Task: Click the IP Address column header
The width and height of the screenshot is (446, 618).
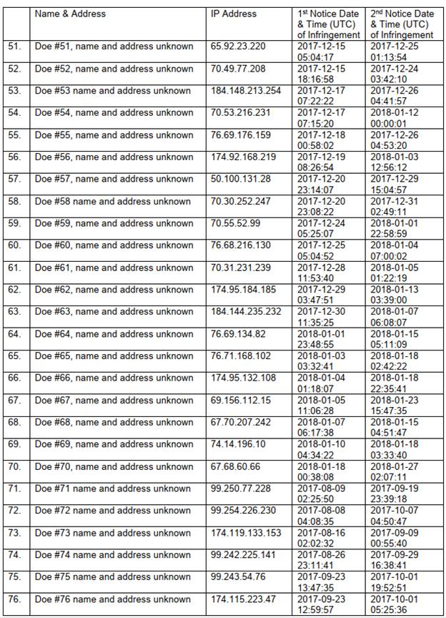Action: [234, 14]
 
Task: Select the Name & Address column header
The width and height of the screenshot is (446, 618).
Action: [70, 14]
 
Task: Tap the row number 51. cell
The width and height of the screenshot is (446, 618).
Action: [15, 46]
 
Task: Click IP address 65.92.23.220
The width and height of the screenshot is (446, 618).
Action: [238, 46]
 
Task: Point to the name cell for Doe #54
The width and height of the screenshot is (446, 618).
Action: [114, 113]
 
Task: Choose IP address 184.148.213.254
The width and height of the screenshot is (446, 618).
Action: [246, 91]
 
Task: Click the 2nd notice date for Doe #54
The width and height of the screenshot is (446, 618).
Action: [402, 118]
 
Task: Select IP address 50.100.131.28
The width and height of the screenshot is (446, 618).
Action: [241, 180]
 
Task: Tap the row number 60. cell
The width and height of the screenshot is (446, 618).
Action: [15, 246]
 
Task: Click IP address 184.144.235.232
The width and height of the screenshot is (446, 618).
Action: [246, 312]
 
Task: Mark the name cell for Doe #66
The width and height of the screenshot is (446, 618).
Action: [114, 378]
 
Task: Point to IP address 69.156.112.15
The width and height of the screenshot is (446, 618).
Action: [241, 401]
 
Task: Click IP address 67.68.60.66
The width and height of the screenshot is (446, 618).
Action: [235, 467]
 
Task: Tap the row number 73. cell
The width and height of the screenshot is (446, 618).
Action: [15, 534]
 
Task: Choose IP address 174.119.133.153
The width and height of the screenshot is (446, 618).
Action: [246, 534]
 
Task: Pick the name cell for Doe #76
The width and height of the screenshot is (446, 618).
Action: [113, 600]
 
